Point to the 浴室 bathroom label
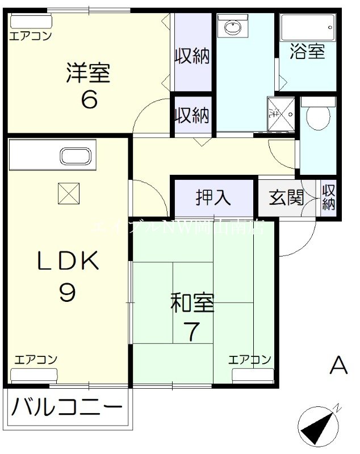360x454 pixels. click(x=307, y=51)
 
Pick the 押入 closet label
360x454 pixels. click(x=214, y=197)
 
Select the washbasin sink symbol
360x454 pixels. click(x=233, y=27)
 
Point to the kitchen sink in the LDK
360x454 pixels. click(x=76, y=156)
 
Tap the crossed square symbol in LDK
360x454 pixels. click(x=68, y=194)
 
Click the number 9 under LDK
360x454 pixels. click(x=68, y=292)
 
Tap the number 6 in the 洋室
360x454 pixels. click(x=89, y=100)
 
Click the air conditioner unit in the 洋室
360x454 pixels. click(x=31, y=22)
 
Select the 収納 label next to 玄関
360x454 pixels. click(x=329, y=197)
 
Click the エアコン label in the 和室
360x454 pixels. click(x=250, y=359)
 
